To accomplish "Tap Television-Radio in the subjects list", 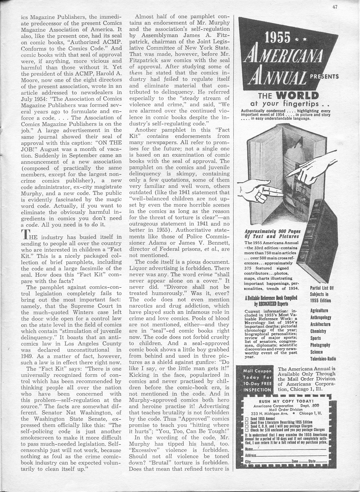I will (323, 359).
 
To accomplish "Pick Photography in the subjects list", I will (320, 345).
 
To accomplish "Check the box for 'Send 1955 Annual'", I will (247, 419).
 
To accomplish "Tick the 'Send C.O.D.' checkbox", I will (247, 426).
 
